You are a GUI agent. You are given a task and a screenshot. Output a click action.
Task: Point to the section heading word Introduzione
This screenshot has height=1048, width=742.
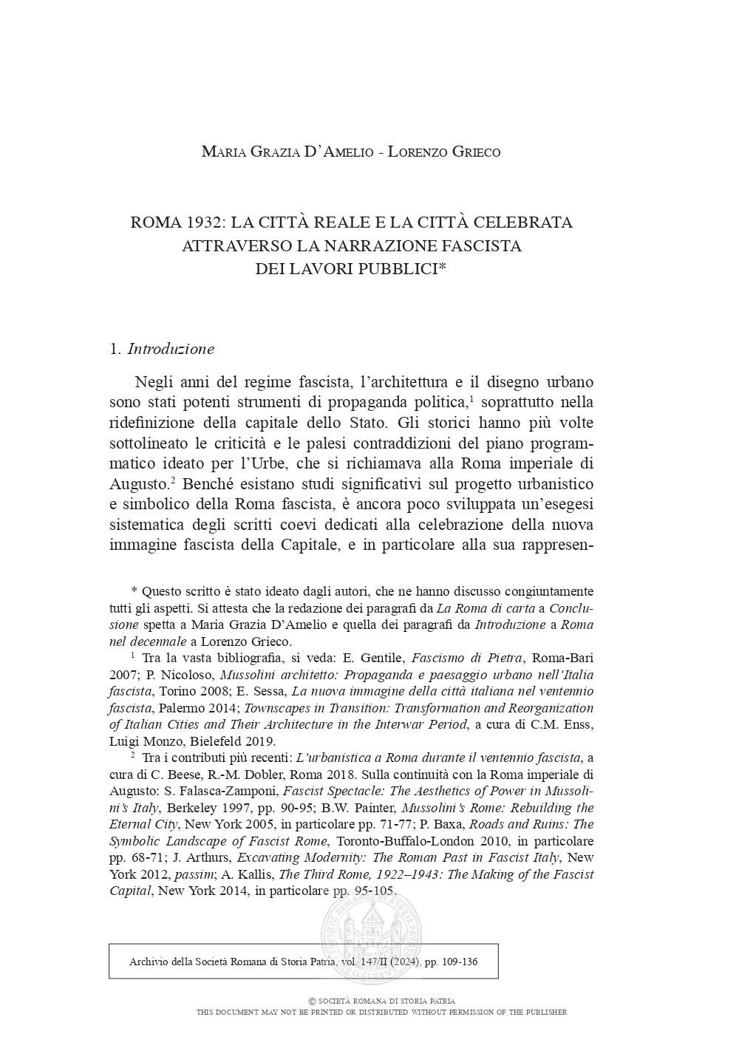(171, 349)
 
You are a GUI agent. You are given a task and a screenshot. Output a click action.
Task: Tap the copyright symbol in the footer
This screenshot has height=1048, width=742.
(313, 1001)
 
